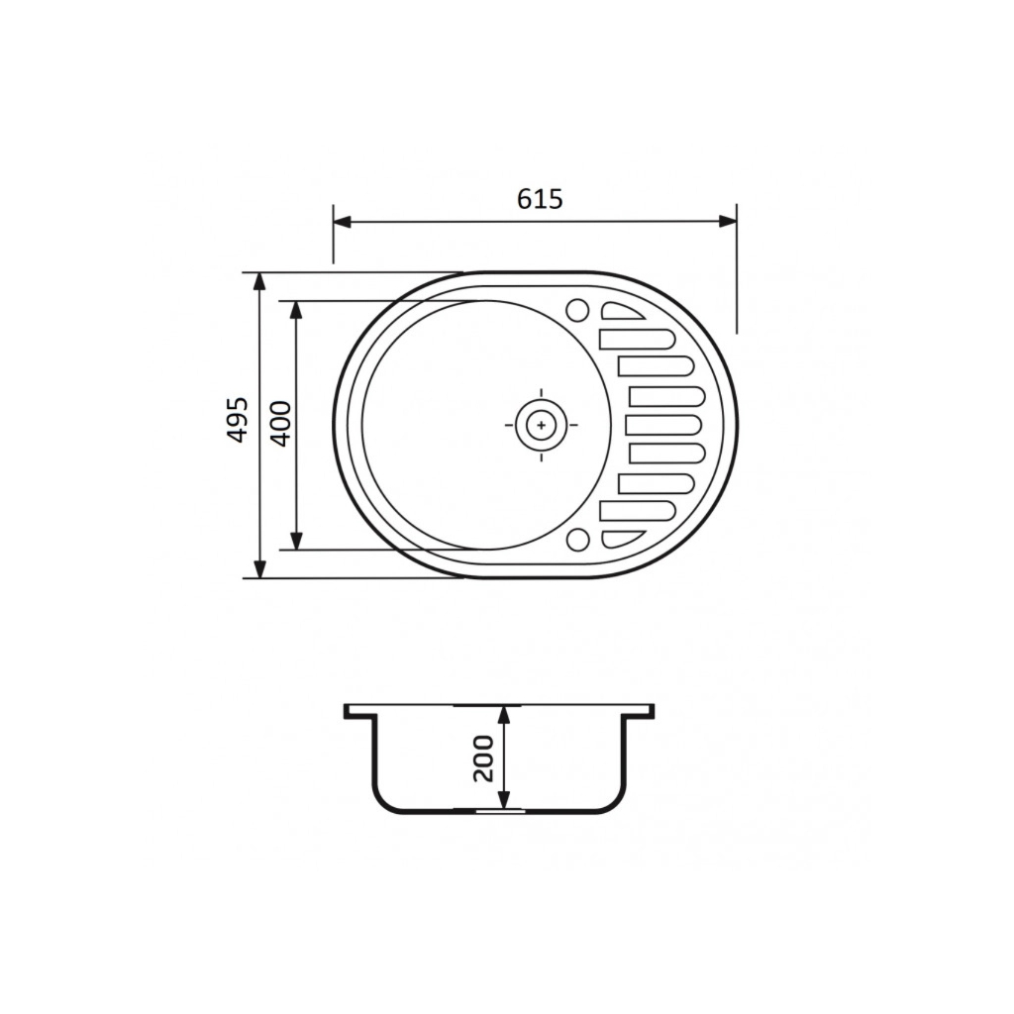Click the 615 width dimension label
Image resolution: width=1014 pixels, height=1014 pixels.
click(540, 199)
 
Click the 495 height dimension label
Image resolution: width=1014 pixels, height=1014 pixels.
click(238, 420)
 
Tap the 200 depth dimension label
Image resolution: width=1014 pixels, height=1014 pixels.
click(483, 759)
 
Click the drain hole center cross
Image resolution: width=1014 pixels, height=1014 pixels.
click(542, 425)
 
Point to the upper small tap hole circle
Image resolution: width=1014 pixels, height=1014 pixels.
click(577, 310)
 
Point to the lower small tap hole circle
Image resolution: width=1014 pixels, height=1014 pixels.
click(577, 540)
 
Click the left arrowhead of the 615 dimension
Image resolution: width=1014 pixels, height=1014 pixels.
click(342, 222)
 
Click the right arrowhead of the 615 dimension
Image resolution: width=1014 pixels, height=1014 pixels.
click(728, 222)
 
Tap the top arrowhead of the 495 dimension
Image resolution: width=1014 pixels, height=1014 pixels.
click(259, 282)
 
